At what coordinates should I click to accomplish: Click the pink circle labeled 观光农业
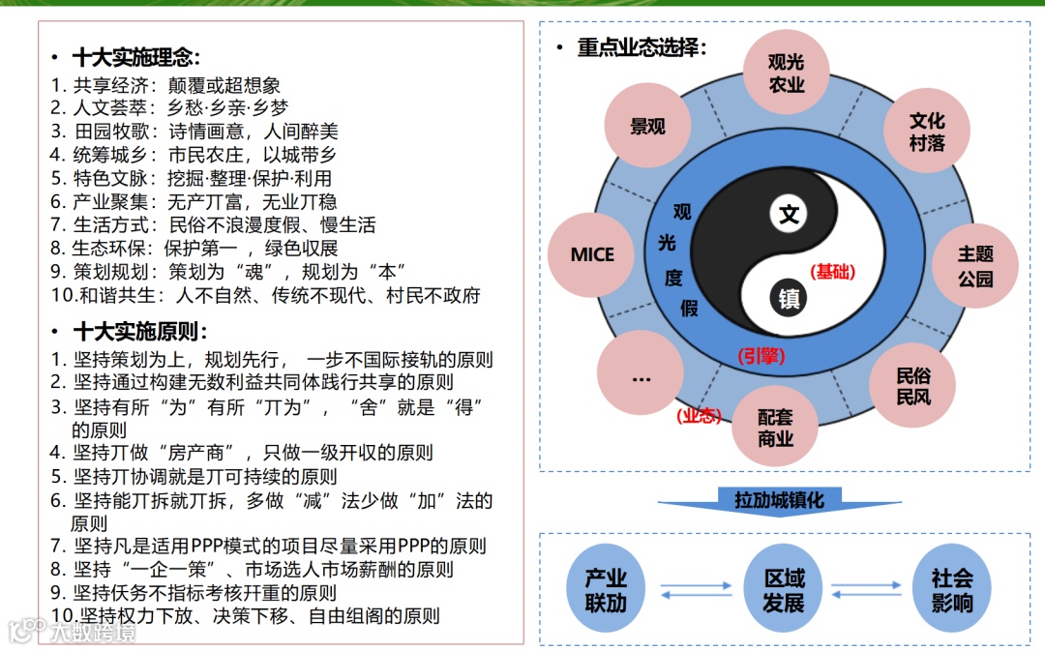tap(786, 74)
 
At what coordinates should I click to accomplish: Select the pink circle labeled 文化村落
tap(926, 132)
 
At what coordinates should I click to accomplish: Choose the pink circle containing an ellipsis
tap(641, 378)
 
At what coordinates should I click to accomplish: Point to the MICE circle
tap(592, 254)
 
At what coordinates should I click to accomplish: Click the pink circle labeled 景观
tap(647, 127)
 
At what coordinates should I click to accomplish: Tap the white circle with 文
tap(790, 214)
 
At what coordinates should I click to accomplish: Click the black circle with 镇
tap(790, 298)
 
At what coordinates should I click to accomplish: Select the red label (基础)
tap(833, 272)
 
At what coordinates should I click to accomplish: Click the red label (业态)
tap(699, 415)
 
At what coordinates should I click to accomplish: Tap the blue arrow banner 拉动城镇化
tap(779, 500)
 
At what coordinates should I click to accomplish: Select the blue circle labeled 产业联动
tap(606, 590)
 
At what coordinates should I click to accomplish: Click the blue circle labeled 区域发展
tap(784, 590)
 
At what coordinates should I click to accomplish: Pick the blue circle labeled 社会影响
tap(952, 590)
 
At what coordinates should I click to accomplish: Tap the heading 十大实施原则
tap(139, 332)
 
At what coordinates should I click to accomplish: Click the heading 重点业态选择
tap(642, 47)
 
